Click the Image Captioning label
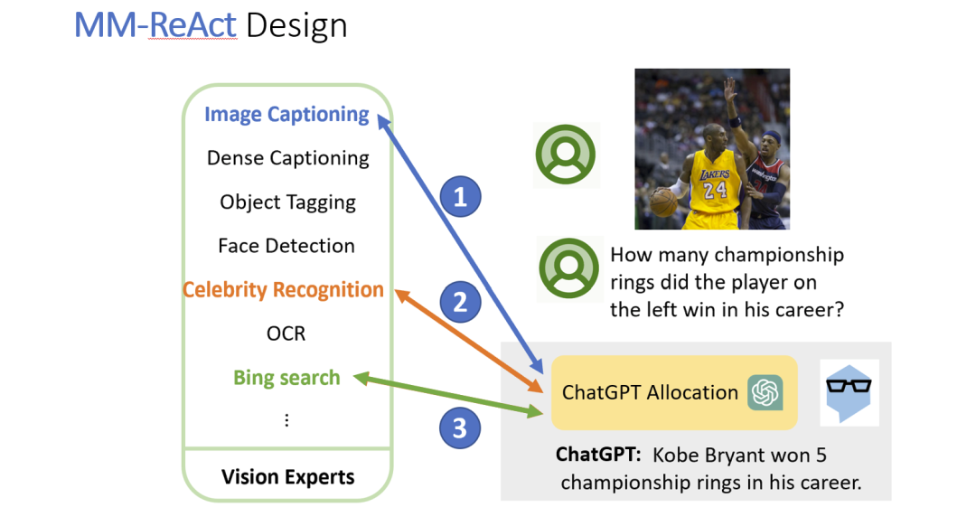point(286,115)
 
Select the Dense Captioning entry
point(287,158)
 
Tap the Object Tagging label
point(287,202)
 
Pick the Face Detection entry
point(286,245)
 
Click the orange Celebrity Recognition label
point(283,290)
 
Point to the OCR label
point(286,333)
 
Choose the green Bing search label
point(286,378)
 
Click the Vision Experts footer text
point(287,476)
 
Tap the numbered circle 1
point(460,196)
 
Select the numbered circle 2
point(460,301)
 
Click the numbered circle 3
point(460,427)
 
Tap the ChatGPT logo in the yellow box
point(765,392)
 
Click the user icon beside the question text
point(568,269)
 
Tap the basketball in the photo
point(663,202)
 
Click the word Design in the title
point(296,25)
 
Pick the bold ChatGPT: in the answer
point(597,454)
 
